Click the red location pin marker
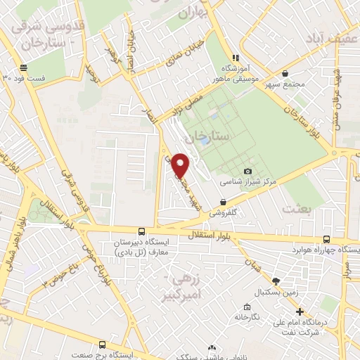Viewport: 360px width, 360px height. coord(181,166)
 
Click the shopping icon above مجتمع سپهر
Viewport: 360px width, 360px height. coord(284,73)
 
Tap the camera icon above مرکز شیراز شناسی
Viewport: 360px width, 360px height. coord(247,171)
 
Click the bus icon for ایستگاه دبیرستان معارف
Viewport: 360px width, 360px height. coord(142,231)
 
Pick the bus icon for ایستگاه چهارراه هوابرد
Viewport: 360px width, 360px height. coord(326,239)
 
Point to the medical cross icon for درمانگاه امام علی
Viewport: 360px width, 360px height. coord(300,312)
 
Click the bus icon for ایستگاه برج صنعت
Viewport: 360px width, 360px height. coord(103,345)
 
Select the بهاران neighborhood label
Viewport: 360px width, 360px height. coord(195,13)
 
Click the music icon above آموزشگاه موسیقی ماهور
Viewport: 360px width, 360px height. coord(237,57)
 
